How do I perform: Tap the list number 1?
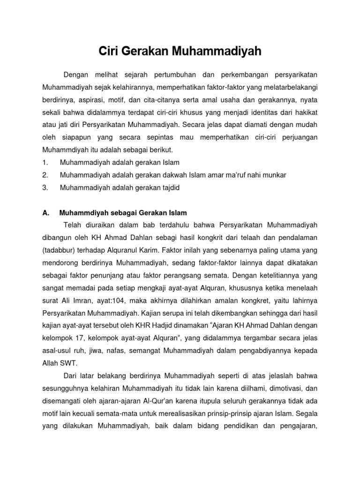tap(45, 162)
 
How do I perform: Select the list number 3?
tap(45, 187)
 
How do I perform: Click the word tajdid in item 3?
tap(169, 187)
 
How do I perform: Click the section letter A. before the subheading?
tap(45, 212)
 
